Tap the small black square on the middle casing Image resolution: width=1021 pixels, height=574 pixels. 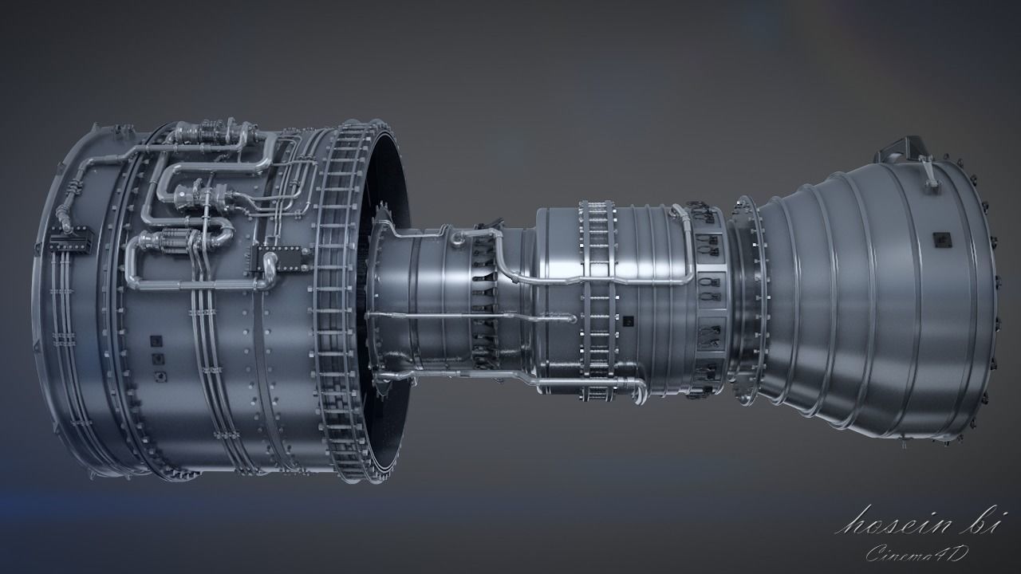pos(629,322)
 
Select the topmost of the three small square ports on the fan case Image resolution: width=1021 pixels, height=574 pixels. pos(156,342)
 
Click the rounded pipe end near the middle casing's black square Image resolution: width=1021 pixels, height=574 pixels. pos(571,318)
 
